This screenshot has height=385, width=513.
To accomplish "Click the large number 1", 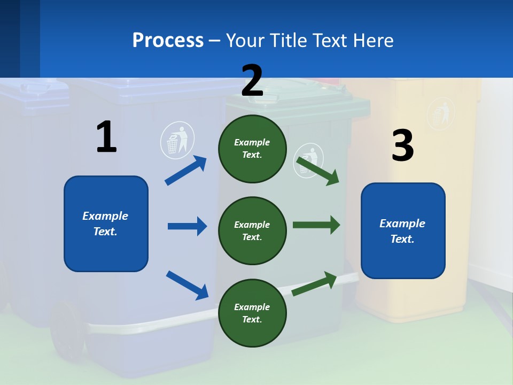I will (x=106, y=137).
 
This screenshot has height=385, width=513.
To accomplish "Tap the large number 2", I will (x=252, y=81).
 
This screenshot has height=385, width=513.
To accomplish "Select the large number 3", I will (x=402, y=146).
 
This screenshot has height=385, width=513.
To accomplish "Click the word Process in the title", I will (x=168, y=40).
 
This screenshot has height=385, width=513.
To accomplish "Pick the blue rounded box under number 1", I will (x=106, y=224).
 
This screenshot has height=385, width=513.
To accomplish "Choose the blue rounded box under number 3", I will (x=403, y=230).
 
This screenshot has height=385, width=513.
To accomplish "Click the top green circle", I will (x=252, y=149).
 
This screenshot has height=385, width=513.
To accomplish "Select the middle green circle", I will (x=252, y=230).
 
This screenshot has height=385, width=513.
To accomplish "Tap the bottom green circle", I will (x=252, y=313).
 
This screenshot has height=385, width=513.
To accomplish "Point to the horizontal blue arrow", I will (x=187, y=226).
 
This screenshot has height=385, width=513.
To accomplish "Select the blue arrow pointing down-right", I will (x=187, y=285).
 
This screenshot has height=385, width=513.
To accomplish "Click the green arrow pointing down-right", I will (x=318, y=171).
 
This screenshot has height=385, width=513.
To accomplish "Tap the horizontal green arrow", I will (x=316, y=225).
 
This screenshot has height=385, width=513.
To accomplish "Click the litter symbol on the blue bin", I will (x=177, y=140).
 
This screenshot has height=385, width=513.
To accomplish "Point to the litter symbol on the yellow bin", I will (x=441, y=113).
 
